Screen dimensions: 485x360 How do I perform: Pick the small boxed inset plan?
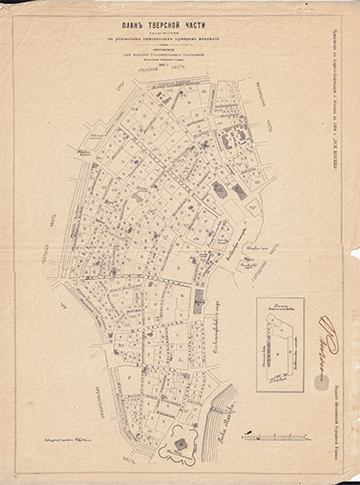coord(279,343)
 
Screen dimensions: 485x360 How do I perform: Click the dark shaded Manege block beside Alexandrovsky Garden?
coord(199,304)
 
